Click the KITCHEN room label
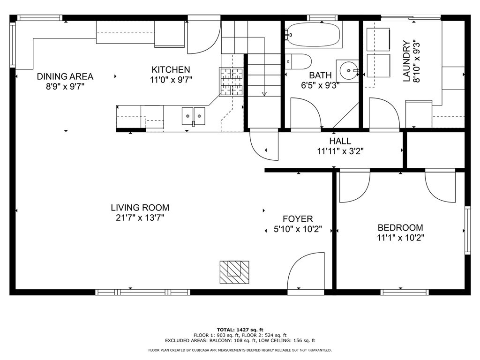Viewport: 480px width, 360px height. pos(171,69)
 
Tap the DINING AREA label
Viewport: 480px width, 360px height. pos(65,76)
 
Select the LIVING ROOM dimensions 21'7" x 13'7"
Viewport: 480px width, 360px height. pos(140,218)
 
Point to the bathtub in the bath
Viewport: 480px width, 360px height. pos(314,34)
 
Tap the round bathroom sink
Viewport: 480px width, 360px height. pos(349,71)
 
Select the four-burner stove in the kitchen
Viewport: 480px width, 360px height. pos(232,82)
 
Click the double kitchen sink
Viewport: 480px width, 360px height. pos(194,116)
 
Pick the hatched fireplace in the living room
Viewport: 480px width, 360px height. pos(234,272)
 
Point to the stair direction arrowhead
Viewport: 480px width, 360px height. pos(264,94)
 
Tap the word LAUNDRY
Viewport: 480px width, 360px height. pos(406,61)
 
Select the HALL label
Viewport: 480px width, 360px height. pos(340,141)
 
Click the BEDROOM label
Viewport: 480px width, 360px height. pos(400,227)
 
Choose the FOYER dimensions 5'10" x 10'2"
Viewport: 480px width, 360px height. pos(298,229)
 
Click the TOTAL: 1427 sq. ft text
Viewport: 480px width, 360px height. pos(240,330)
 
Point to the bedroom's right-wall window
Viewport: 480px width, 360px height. pos(467,230)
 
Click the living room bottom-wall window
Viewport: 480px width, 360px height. pos(142,292)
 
